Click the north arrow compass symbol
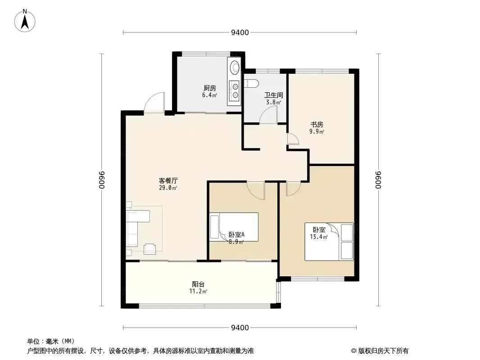25,21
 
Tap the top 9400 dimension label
240,32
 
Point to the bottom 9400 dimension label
240,328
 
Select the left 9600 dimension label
102,180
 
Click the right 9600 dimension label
379,180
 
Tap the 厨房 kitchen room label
210,88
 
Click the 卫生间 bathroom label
273,95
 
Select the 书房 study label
317,125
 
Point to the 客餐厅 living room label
168,180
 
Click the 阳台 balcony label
199,284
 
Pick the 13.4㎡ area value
319,237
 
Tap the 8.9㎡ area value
236,242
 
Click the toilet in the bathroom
252,83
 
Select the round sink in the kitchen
235,67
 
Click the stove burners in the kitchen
235,91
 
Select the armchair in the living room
149,248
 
